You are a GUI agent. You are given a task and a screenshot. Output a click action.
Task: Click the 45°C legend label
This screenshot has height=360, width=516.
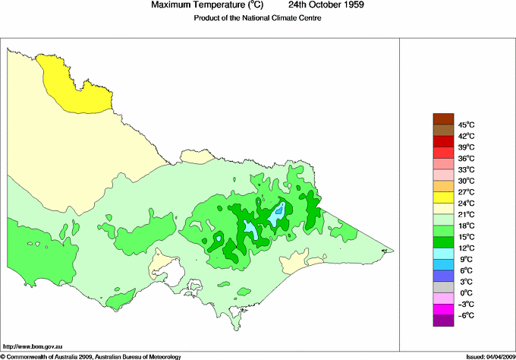466,125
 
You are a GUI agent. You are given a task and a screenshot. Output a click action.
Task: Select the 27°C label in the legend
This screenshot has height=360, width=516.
466,192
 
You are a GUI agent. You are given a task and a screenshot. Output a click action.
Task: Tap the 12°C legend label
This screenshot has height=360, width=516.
466,248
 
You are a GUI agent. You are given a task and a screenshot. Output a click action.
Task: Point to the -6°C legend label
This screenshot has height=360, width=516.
465,315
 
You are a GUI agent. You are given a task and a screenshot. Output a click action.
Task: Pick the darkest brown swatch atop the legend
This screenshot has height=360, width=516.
442,119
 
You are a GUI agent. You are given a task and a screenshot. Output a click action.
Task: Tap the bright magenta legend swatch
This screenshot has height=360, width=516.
442,310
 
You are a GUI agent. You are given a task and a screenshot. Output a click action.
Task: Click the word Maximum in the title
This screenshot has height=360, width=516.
172,5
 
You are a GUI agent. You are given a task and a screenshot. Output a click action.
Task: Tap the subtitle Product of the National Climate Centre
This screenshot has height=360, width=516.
258,17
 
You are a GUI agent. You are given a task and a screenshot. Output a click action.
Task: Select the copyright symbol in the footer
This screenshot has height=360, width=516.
3,355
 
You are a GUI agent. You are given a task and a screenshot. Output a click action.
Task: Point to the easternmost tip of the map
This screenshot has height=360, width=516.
393,251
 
